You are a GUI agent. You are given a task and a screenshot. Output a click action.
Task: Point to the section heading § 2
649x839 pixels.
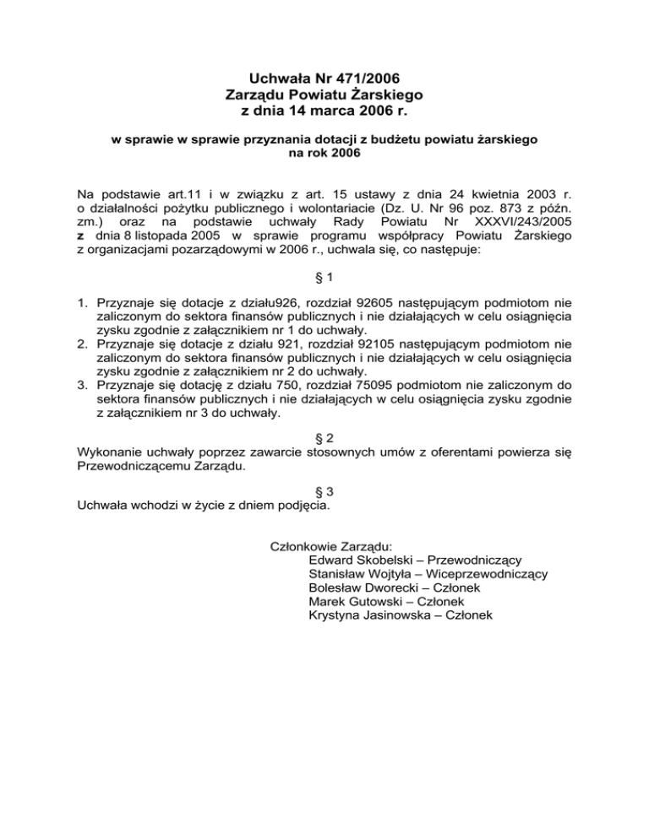324,438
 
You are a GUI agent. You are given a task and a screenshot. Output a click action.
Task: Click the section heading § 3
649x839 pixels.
324,490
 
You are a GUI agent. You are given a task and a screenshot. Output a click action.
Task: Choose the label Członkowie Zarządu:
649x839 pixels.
324,545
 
